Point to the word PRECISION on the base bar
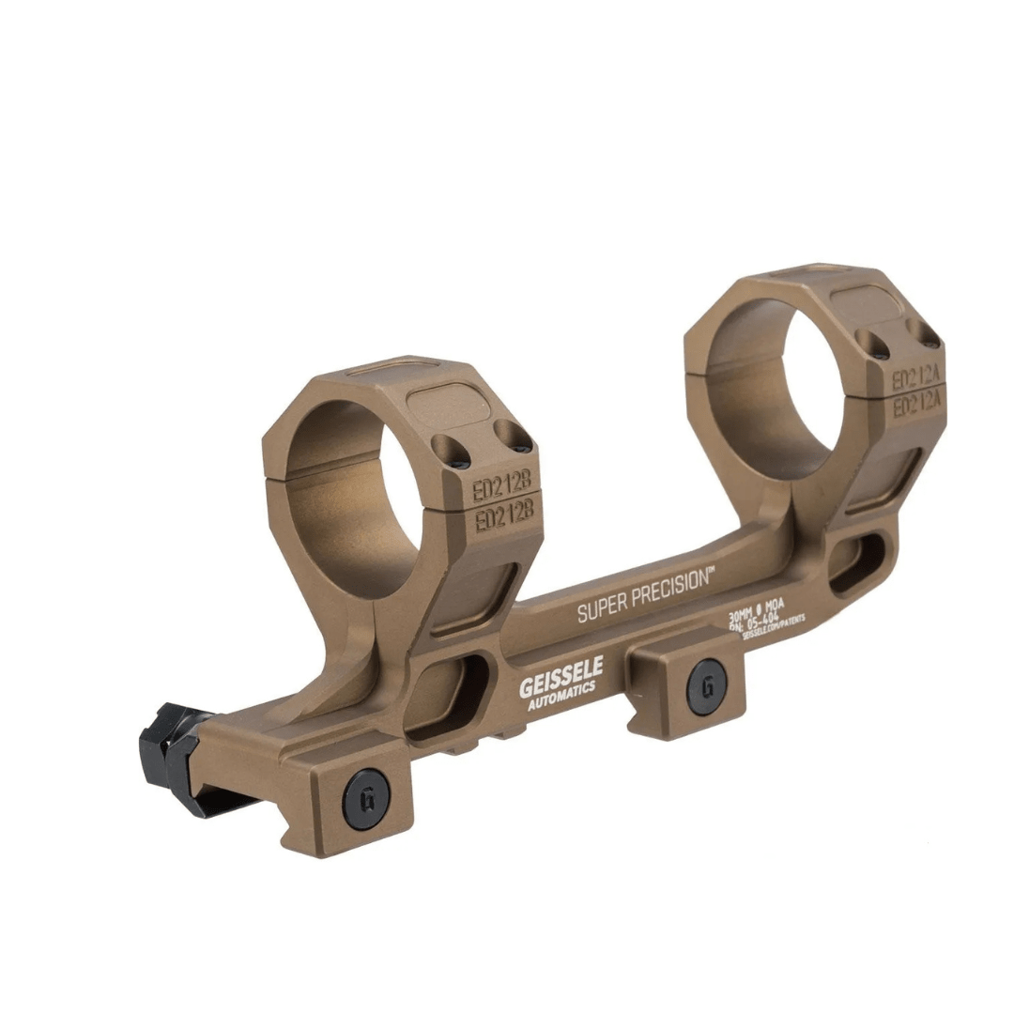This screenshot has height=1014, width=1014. click(x=669, y=588)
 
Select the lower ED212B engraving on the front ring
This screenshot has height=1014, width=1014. click(x=504, y=515)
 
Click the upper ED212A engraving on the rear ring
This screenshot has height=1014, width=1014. click(x=915, y=379)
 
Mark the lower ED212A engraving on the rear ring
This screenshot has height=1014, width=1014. click(x=916, y=406)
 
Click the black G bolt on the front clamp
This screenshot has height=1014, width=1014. click(x=365, y=798)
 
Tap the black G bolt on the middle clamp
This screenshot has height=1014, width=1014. click(x=706, y=685)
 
